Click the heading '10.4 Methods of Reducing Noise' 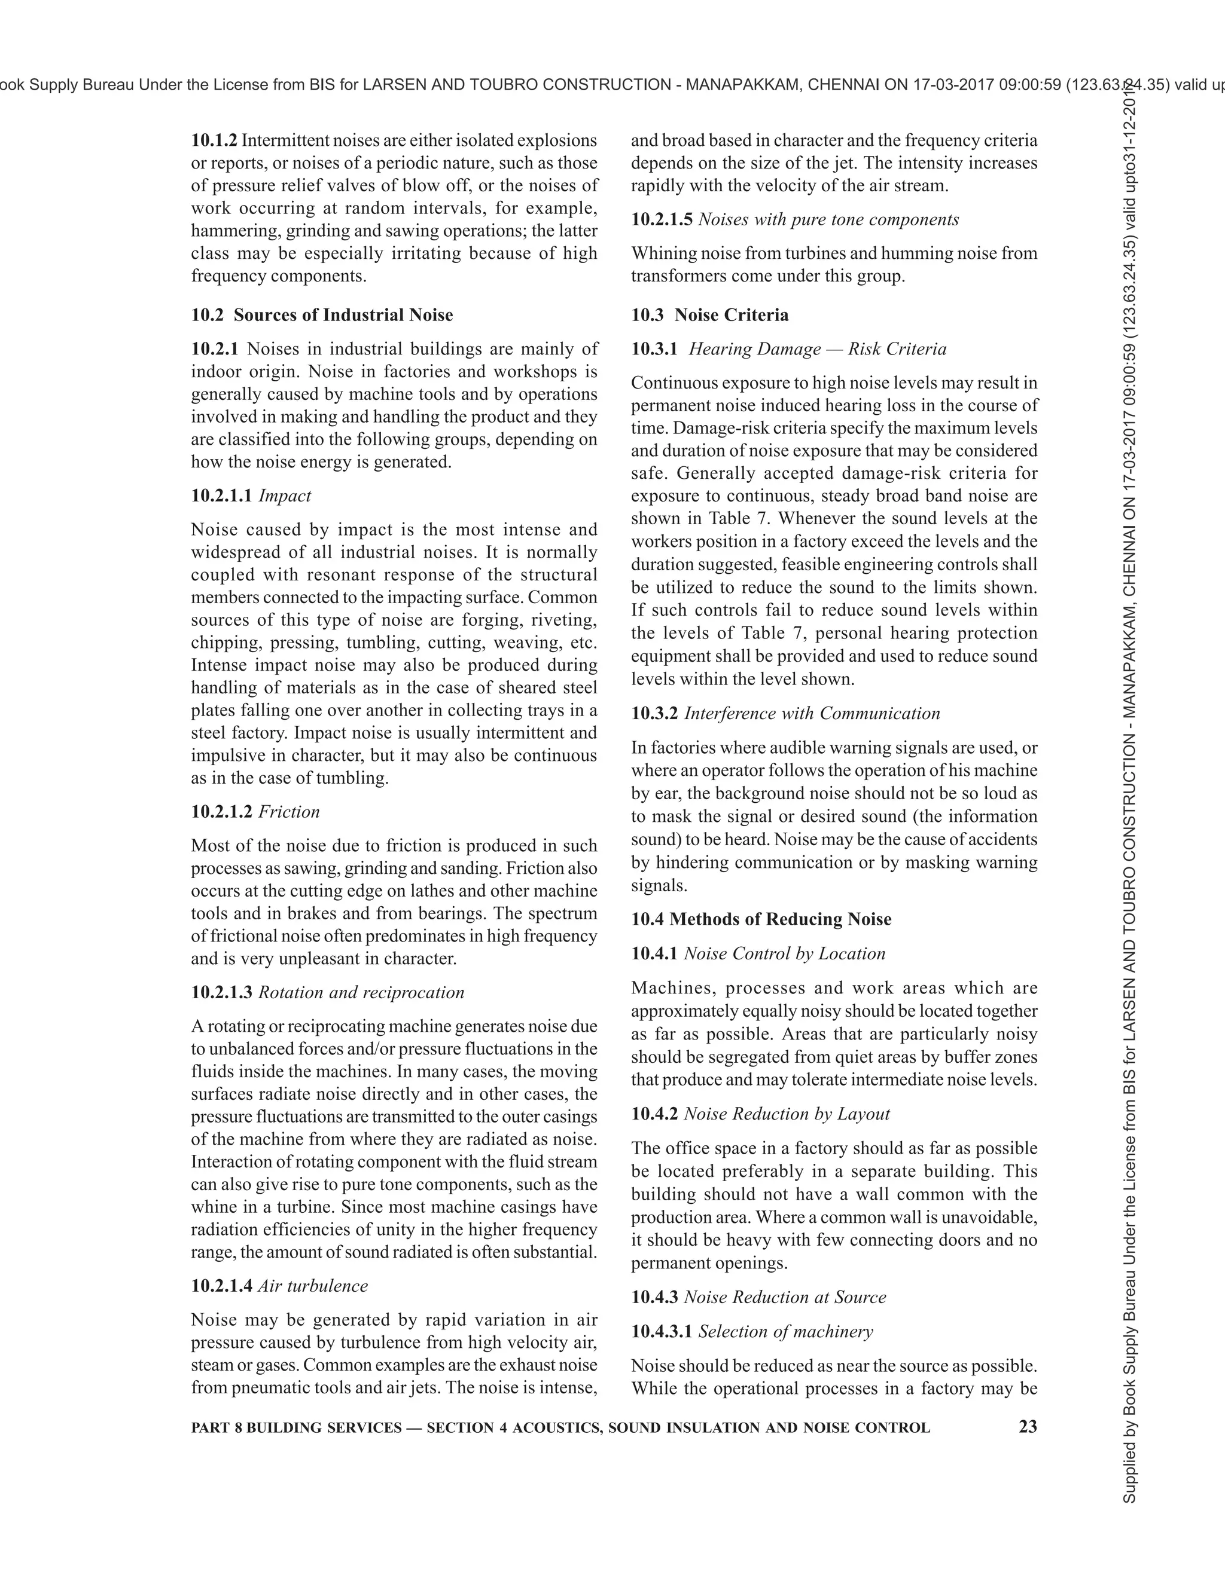point(761,919)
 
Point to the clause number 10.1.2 point(214,140)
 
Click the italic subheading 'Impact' point(285,496)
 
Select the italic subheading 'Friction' point(289,812)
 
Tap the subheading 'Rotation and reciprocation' point(361,992)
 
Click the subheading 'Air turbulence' point(313,1286)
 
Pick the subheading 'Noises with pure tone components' point(828,219)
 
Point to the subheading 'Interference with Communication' point(812,713)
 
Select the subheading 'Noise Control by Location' point(785,953)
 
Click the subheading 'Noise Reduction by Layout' point(787,1114)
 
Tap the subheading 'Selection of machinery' point(785,1331)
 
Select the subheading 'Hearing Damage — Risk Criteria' point(817,349)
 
